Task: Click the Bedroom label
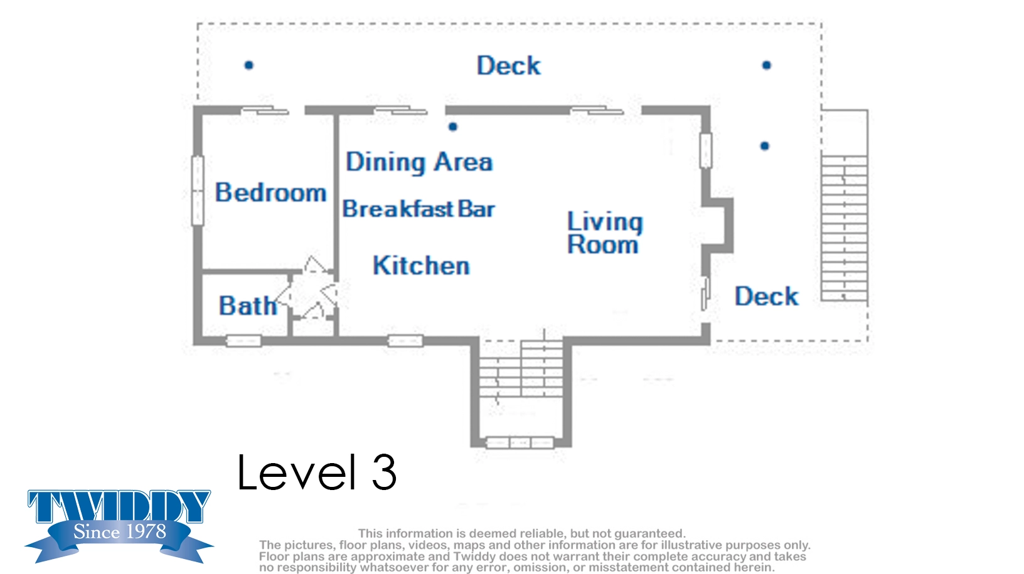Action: pyautogui.click(x=270, y=192)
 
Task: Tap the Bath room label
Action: pyautogui.click(x=248, y=306)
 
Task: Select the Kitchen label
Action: pyautogui.click(x=421, y=265)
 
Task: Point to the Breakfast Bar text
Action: pyautogui.click(x=419, y=209)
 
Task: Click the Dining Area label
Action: pyautogui.click(x=419, y=162)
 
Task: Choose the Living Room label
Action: pyautogui.click(x=604, y=232)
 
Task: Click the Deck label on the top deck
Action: pyautogui.click(x=508, y=65)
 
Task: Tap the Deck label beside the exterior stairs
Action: pyautogui.click(x=766, y=296)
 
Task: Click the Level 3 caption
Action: pyautogui.click(x=316, y=472)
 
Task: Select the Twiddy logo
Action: pyautogui.click(x=119, y=525)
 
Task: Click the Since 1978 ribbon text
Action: pyautogui.click(x=120, y=531)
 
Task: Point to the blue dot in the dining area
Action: pyautogui.click(x=452, y=127)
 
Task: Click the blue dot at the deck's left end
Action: pyautogui.click(x=248, y=65)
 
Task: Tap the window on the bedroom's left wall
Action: pyautogui.click(x=198, y=190)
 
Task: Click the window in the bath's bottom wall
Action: pyautogui.click(x=243, y=341)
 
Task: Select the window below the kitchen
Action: pyautogui.click(x=405, y=341)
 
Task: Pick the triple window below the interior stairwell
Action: pyautogui.click(x=520, y=442)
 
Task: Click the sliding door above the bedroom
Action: pyautogui.click(x=265, y=110)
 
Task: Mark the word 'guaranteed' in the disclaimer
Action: pyautogui.click(x=649, y=533)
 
